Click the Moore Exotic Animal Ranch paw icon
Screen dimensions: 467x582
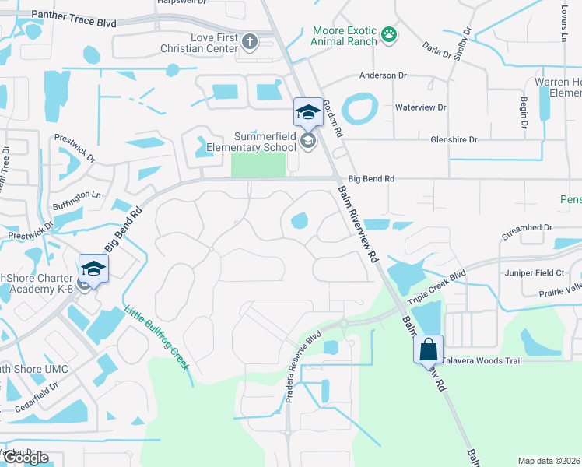coord(388,35)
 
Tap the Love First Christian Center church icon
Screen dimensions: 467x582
coord(249,41)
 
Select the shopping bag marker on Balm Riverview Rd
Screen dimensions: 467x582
coord(428,349)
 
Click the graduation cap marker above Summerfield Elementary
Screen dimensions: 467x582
coord(307,112)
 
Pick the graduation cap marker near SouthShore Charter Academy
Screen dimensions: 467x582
coord(93,269)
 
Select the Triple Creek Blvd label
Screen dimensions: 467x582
coord(437,287)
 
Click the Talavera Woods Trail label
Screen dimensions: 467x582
coord(482,360)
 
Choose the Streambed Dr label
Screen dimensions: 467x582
coord(527,228)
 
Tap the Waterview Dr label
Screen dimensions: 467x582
coord(421,107)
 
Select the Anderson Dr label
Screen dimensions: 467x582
coord(383,75)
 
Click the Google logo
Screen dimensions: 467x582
coord(26,458)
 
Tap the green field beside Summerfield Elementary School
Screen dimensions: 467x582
coord(258,163)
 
